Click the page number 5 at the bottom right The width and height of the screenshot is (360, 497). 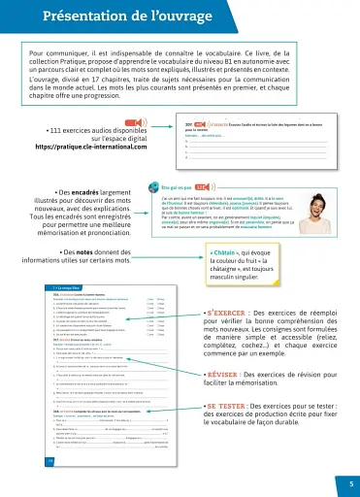(x=350, y=482)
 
